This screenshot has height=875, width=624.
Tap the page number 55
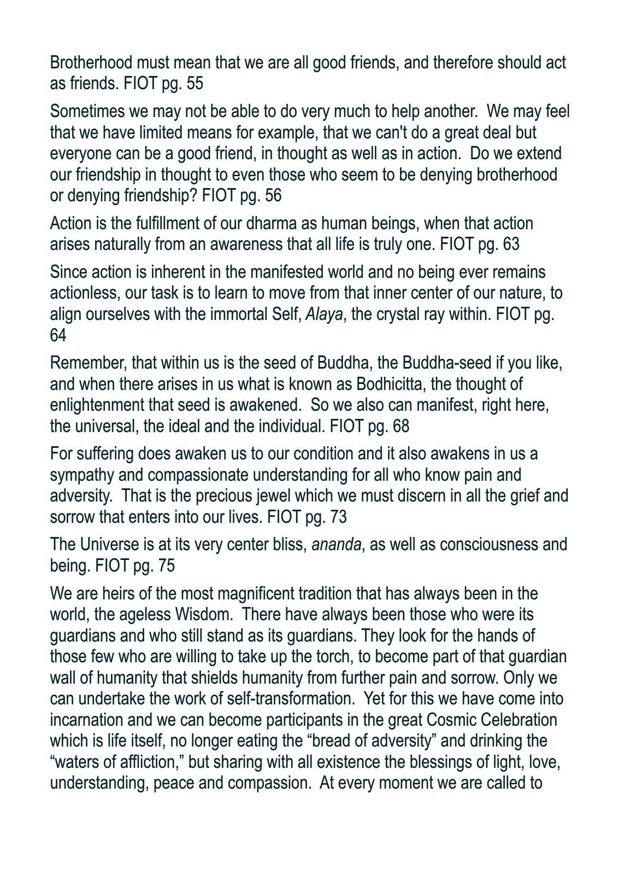coord(195,84)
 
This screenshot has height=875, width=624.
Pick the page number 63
coord(510,244)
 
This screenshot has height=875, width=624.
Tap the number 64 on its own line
coord(58,335)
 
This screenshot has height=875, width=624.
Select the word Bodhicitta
coord(389,384)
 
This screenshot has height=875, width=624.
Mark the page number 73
coord(338,517)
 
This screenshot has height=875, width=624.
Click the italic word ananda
coord(336,545)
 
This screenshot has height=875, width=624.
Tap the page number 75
coord(166,565)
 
